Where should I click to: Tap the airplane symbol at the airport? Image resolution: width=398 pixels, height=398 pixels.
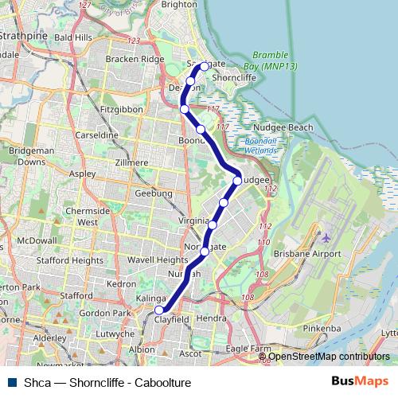pos(326,237)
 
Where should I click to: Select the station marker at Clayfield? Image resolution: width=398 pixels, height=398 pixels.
pos(159,310)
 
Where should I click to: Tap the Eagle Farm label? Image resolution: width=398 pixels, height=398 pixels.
pos(248,348)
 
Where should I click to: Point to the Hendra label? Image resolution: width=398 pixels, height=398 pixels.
pos(211,318)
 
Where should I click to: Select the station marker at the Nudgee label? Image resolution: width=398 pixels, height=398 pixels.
pos(237,181)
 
